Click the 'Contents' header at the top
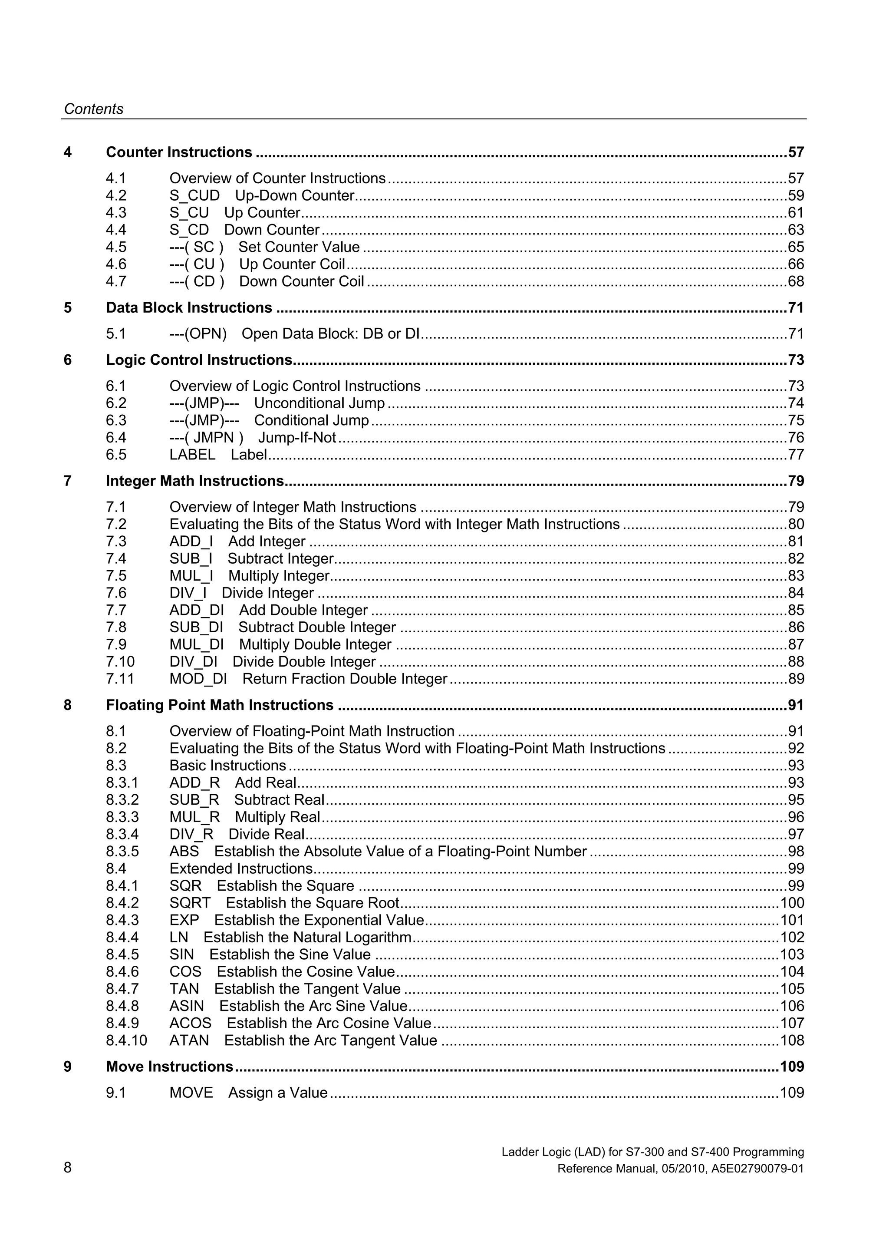(x=94, y=109)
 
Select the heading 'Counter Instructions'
(x=179, y=152)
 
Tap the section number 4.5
(x=116, y=247)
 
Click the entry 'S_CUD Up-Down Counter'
(x=262, y=195)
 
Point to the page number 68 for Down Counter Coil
(x=795, y=282)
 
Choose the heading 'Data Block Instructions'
(x=189, y=308)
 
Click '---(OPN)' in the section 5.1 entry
(x=198, y=333)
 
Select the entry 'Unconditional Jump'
(x=319, y=403)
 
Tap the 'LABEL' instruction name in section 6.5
(x=192, y=455)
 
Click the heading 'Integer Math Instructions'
(x=195, y=481)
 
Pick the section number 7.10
(x=120, y=662)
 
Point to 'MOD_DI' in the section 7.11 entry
(x=198, y=679)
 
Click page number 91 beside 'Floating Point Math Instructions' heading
(x=795, y=705)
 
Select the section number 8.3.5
(x=122, y=852)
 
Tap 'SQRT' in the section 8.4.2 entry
(x=190, y=903)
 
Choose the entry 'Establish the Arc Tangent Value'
(x=330, y=1040)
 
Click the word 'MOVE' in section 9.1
(x=191, y=1093)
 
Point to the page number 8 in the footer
(x=68, y=1168)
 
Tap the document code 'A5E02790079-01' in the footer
(x=757, y=1169)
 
